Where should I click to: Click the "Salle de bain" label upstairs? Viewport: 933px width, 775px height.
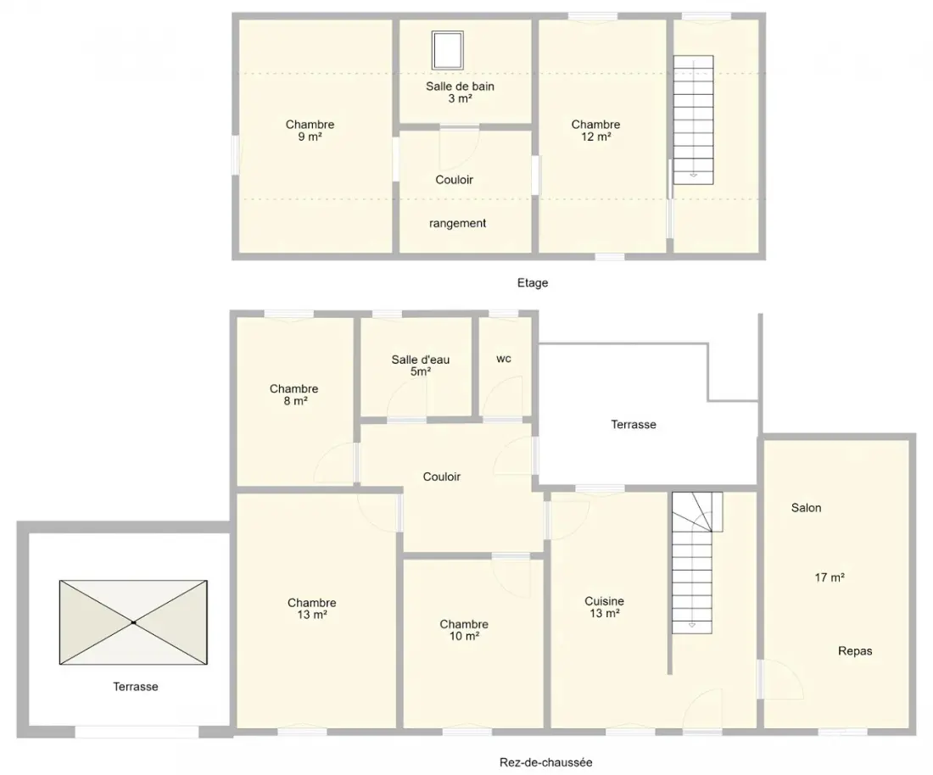[x=460, y=86]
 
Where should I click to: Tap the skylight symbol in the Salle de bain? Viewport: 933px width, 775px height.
[x=448, y=51]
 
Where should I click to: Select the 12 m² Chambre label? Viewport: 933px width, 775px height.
[x=595, y=131]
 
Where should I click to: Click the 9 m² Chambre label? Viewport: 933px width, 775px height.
[x=310, y=131]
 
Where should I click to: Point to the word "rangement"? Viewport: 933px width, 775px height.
[x=457, y=224]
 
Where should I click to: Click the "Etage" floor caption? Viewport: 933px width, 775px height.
[x=533, y=283]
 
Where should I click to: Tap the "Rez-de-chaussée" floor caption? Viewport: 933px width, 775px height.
[x=545, y=762]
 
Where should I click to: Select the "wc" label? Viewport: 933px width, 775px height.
[x=503, y=359]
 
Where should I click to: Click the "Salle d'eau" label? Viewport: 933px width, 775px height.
[x=421, y=360]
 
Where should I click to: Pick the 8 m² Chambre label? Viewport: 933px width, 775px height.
[x=294, y=394]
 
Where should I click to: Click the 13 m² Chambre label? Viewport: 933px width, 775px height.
[x=312, y=609]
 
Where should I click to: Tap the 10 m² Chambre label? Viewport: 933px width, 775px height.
[x=464, y=630]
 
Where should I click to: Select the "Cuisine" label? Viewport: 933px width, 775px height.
[x=605, y=601]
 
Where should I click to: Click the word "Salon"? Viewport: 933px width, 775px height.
[x=807, y=508]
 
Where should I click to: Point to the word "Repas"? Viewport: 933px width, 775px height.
[x=855, y=651]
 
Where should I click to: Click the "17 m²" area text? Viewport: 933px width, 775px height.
[x=830, y=577]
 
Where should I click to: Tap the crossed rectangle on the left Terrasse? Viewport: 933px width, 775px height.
[x=133, y=622]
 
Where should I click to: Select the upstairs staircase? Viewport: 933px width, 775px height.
[x=693, y=120]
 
